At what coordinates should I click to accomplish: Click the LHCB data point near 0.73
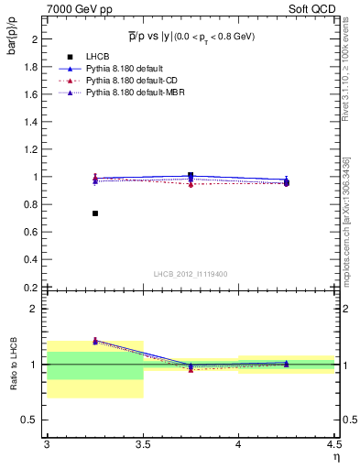(95, 213)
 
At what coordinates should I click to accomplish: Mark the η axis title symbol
(336, 457)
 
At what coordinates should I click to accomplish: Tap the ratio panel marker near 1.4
(95, 341)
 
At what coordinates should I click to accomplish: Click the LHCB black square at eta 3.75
(191, 175)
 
